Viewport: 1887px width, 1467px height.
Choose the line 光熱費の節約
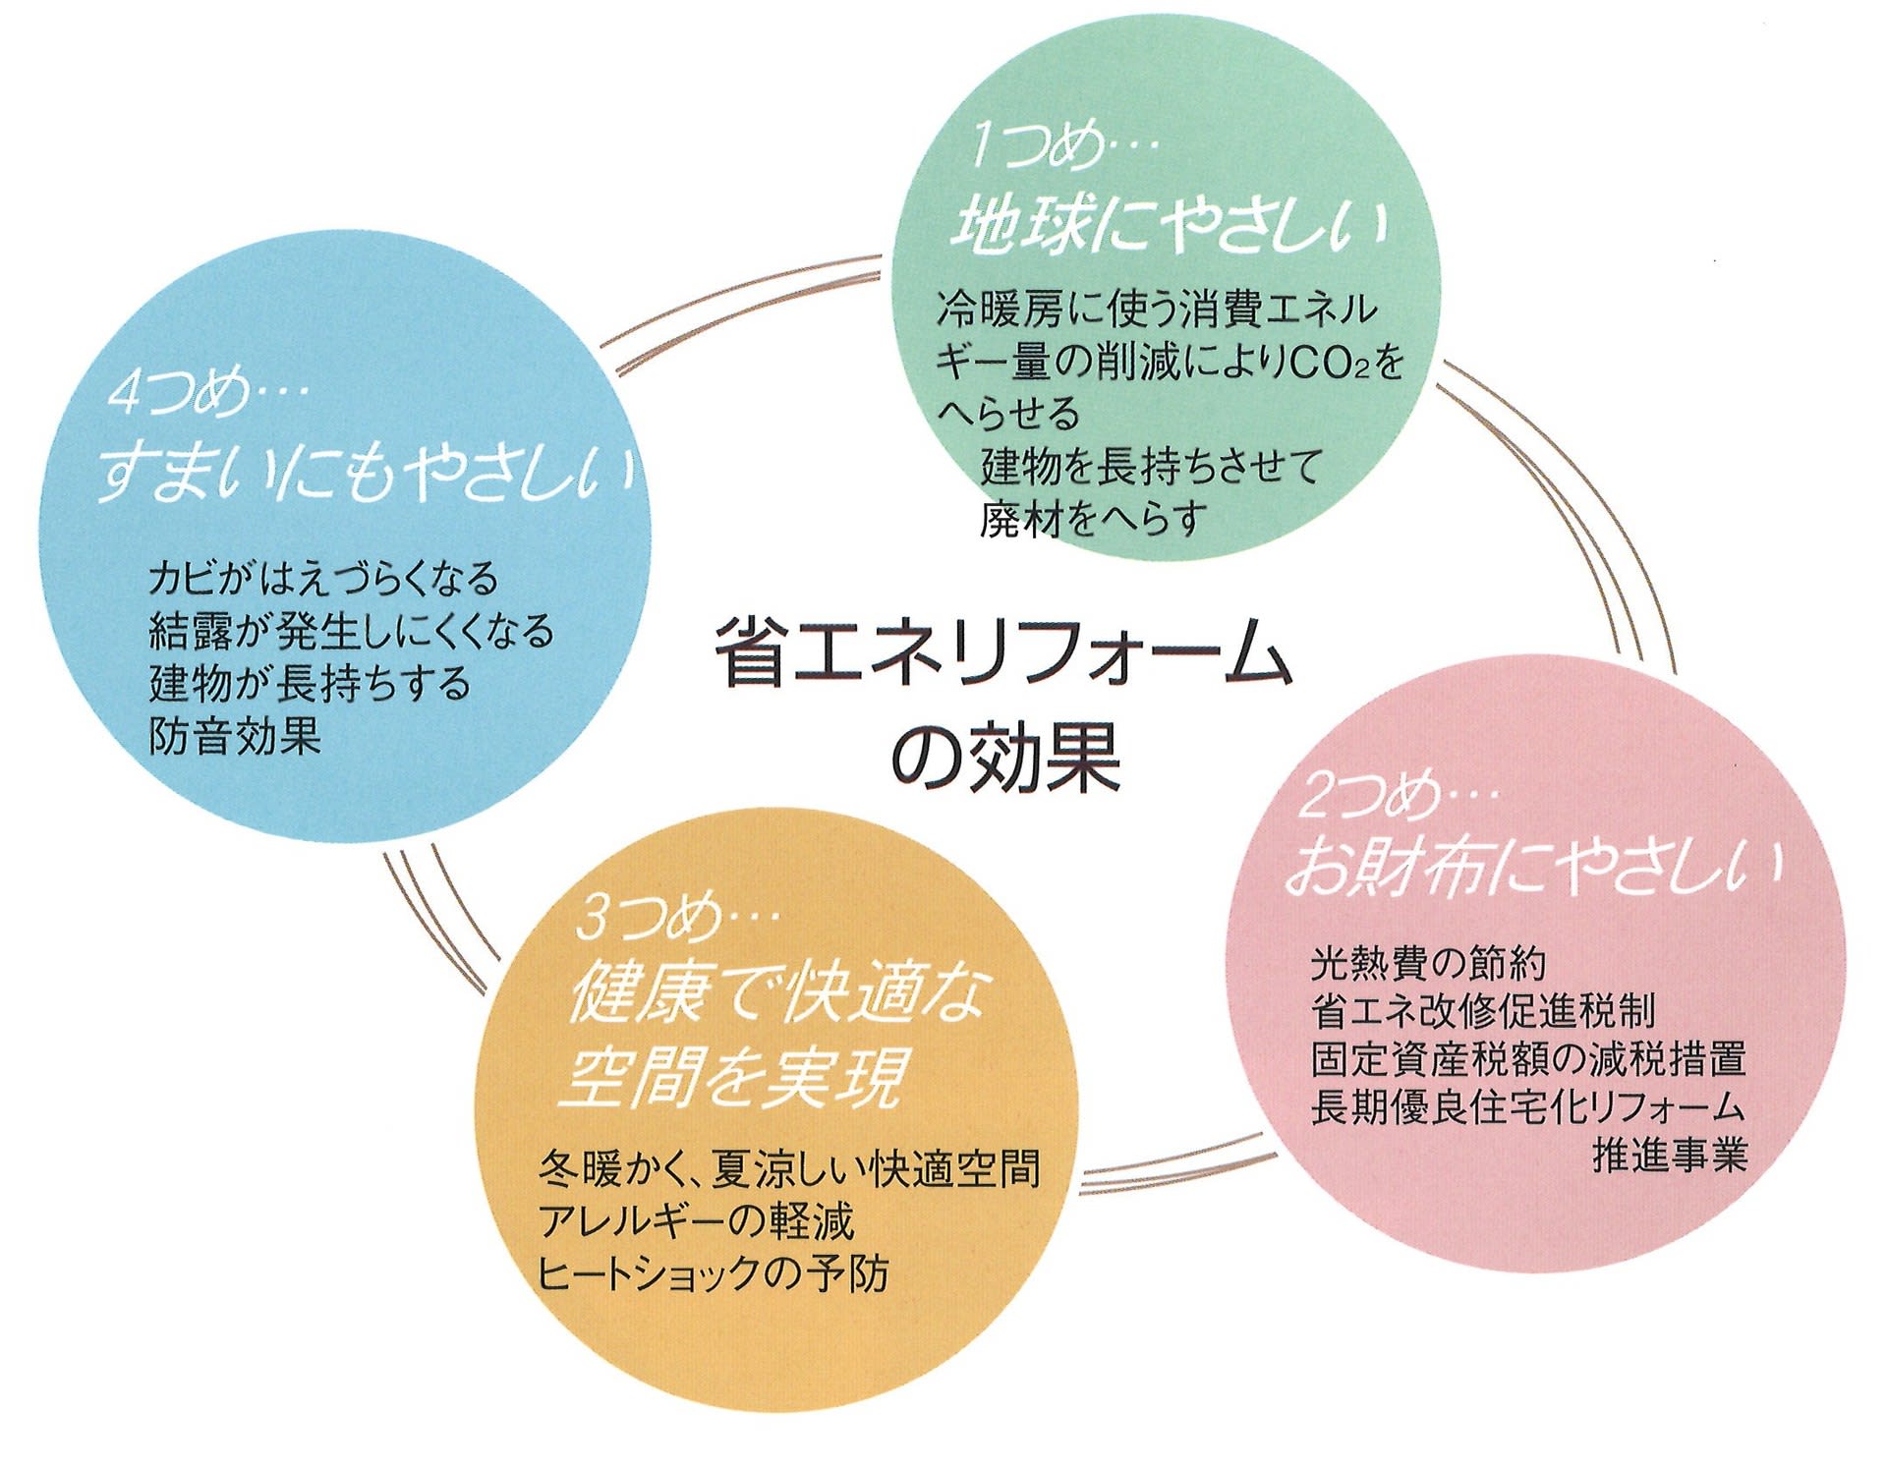coord(1428,964)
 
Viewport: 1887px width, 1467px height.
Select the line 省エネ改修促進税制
coord(1483,1011)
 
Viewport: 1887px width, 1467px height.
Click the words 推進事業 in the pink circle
coord(1669,1155)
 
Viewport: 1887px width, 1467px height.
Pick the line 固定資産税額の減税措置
coord(1528,1059)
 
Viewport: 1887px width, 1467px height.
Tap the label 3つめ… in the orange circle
coord(677,918)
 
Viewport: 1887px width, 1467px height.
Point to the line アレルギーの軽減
coord(696,1221)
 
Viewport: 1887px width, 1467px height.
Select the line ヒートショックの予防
coord(713,1273)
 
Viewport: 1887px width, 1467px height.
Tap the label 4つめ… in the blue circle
coord(207,394)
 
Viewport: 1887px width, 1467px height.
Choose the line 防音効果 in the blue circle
coord(235,735)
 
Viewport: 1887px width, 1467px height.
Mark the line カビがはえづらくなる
coord(323,578)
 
